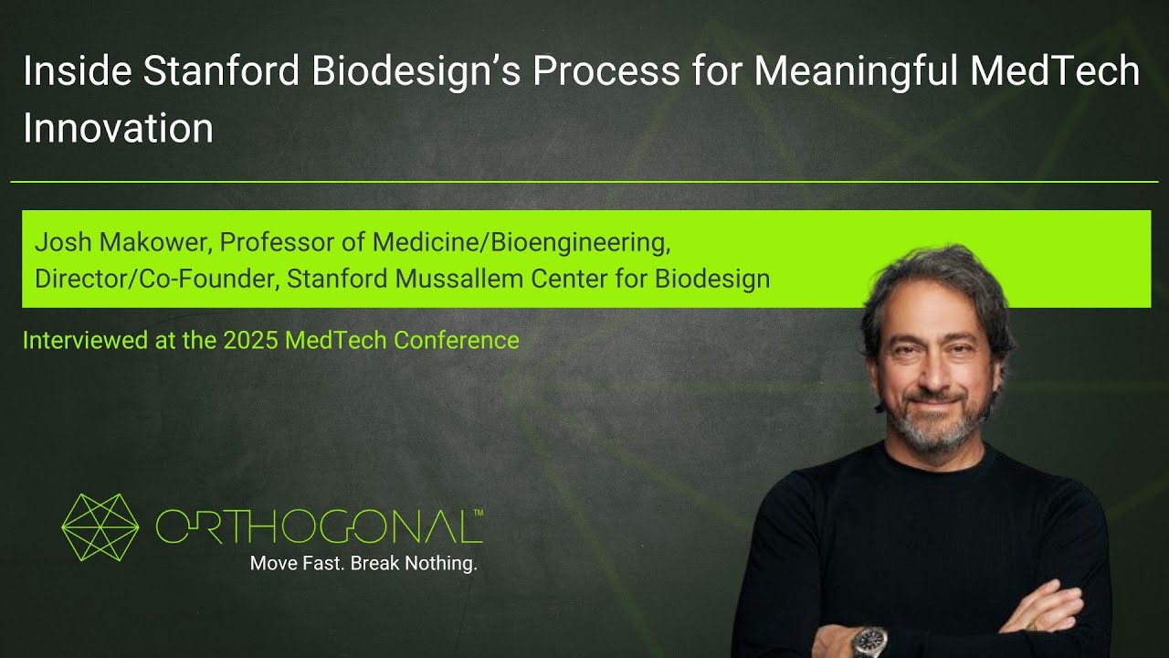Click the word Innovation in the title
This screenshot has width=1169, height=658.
(x=118, y=128)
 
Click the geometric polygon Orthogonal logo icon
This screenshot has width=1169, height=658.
(x=100, y=527)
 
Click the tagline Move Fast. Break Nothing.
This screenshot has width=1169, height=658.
(x=363, y=564)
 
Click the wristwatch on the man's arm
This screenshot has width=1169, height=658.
(x=869, y=641)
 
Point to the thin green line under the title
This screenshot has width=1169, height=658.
(x=584, y=182)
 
